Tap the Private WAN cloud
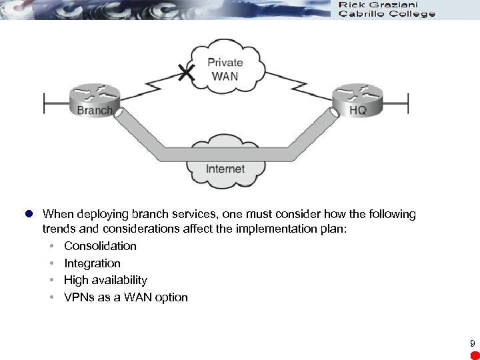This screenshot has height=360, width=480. tap(225, 67)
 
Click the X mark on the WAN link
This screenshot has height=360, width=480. tap(189, 73)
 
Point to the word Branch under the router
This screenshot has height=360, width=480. tap(95, 110)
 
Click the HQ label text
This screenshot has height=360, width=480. tap(358, 110)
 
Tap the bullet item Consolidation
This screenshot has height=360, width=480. tap(100, 246)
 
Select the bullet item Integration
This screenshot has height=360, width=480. tap(92, 263)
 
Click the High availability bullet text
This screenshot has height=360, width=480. tap(105, 280)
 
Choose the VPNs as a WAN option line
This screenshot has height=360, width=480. tap(125, 297)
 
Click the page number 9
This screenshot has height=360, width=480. tap(472, 344)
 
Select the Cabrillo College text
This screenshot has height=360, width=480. tap(387, 13)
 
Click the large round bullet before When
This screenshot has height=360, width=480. tap(29, 215)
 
